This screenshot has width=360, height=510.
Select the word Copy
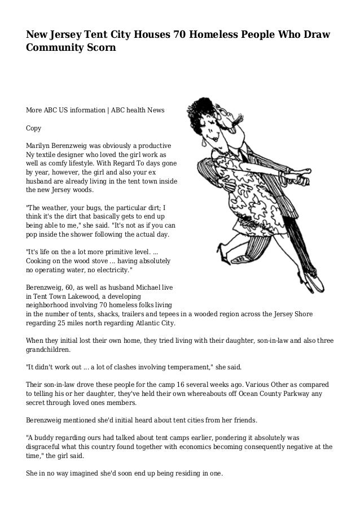click(35, 128)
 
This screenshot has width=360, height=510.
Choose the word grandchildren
click(49, 350)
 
